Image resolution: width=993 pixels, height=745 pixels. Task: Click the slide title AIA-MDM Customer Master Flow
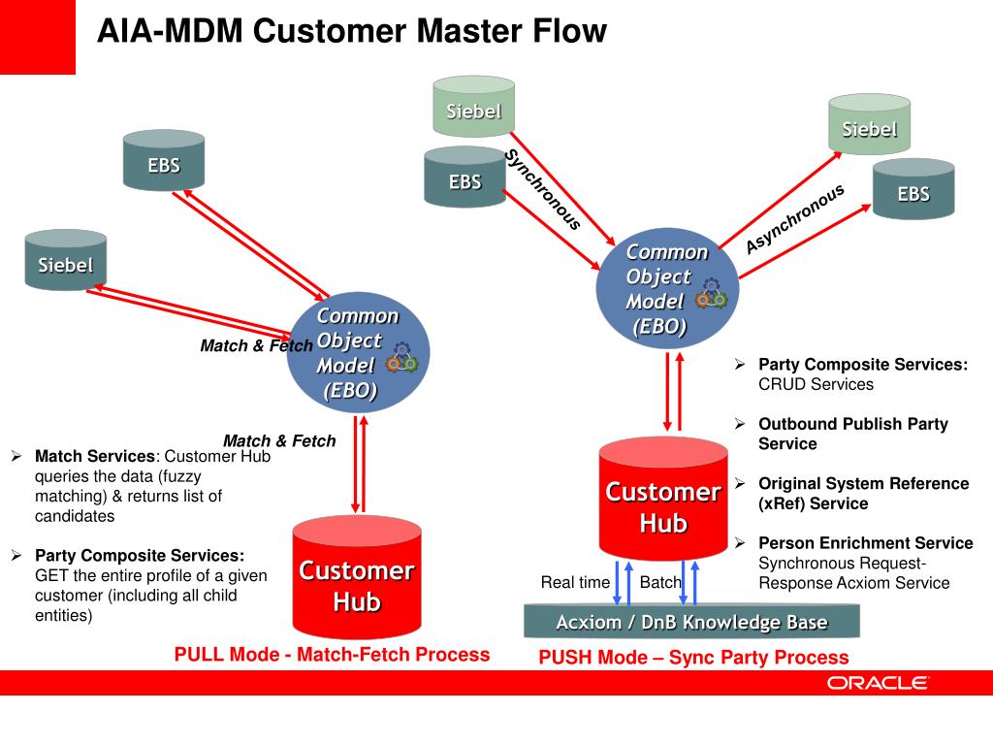point(351,31)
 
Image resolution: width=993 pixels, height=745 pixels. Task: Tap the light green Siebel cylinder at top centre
point(473,109)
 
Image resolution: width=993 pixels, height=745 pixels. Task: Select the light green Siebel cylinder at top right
point(869,126)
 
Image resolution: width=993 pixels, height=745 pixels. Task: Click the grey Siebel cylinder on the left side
point(66,262)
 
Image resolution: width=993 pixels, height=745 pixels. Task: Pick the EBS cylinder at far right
point(913,191)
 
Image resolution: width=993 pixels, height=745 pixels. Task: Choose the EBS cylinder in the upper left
point(164,162)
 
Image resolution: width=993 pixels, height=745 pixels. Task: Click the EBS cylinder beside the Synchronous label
point(464,179)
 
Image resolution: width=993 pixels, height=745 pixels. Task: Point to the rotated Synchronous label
point(543,190)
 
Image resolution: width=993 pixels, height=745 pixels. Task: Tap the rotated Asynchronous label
point(795,218)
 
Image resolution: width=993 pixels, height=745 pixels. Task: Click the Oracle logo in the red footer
point(878,683)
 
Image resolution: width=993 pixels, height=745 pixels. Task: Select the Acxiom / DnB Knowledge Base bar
point(691,622)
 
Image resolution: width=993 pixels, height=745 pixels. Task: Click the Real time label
point(575,582)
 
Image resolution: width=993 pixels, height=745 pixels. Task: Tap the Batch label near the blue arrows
point(660,582)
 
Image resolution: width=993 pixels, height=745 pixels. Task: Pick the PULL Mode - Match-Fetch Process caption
point(332,655)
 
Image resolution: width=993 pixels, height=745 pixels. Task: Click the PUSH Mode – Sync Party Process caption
point(693,658)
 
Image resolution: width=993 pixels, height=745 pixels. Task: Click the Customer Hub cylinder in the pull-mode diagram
point(357,582)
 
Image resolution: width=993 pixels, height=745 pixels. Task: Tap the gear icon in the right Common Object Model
point(712,295)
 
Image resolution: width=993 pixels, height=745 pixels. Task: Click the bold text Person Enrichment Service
point(865,543)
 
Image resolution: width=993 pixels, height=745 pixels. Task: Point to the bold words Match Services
point(95,456)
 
